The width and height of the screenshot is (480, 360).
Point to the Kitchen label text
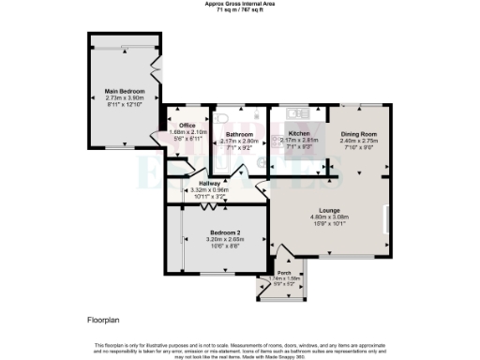click(x=298, y=134)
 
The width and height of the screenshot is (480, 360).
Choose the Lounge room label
click(x=329, y=210)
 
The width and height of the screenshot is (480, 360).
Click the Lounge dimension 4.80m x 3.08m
click(x=329, y=217)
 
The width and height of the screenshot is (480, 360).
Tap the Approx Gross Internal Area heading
click(x=240, y=4)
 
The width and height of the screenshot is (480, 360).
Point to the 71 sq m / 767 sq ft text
click(x=240, y=10)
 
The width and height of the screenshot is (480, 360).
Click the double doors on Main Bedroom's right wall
click(x=156, y=69)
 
